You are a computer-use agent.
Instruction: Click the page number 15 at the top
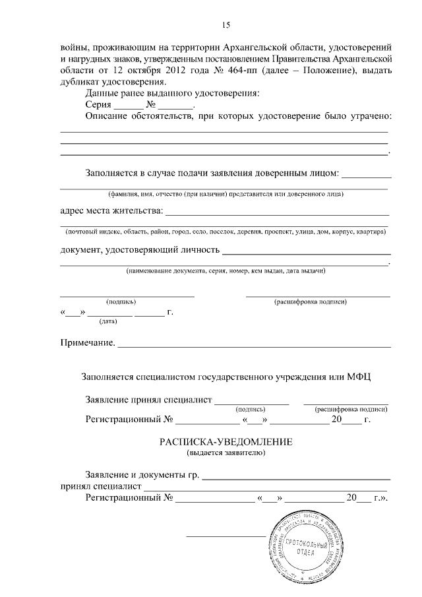pos(226,26)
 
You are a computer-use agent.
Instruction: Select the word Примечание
pos(88,343)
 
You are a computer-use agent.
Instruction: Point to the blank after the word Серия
pos(127,105)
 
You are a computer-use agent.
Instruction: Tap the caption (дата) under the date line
pos(108,321)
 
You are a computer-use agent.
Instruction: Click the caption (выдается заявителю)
pos(226,453)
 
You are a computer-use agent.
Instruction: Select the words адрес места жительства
pos(110,212)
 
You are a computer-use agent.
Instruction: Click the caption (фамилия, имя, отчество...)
pos(226,194)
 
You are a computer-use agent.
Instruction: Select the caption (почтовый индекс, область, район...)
pos(225,232)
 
